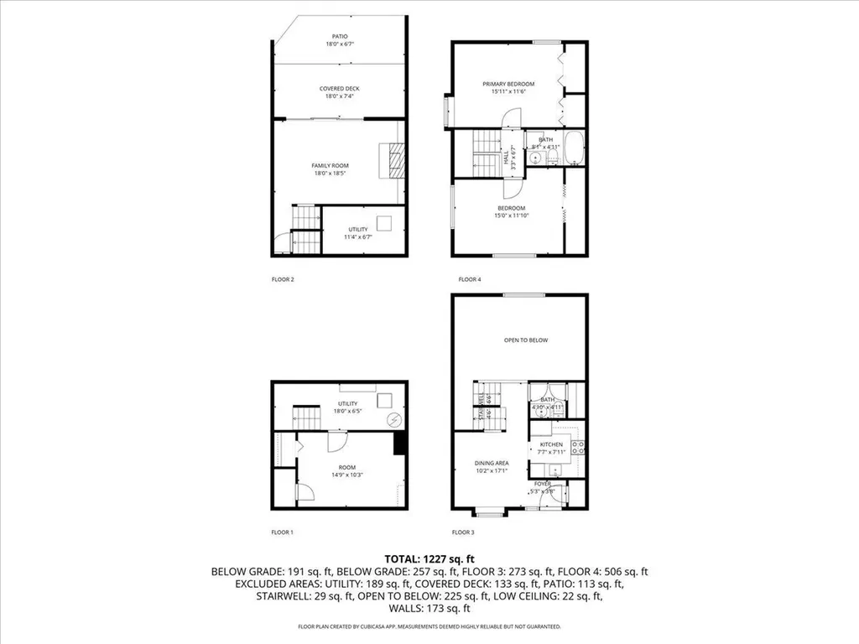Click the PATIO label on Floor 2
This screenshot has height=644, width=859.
(x=340, y=37)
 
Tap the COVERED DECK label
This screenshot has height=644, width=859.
(x=340, y=88)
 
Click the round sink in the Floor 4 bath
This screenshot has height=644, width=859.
(x=534, y=156)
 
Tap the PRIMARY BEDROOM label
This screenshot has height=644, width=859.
(x=508, y=84)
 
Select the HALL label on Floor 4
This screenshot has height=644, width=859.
(x=506, y=155)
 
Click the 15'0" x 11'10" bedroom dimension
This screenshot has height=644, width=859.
(x=511, y=216)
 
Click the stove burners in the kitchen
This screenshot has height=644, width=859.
(x=577, y=447)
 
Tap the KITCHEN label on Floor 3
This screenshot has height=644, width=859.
(x=551, y=444)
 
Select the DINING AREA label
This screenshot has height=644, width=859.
(x=492, y=463)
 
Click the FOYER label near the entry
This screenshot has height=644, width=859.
(x=544, y=484)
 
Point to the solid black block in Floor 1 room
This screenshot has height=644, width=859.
(x=400, y=444)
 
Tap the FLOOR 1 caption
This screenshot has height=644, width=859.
(x=282, y=532)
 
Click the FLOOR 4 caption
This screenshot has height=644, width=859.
(x=469, y=279)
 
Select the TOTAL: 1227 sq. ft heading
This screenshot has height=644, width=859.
(x=429, y=558)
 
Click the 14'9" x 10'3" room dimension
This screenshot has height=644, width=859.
(x=346, y=475)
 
